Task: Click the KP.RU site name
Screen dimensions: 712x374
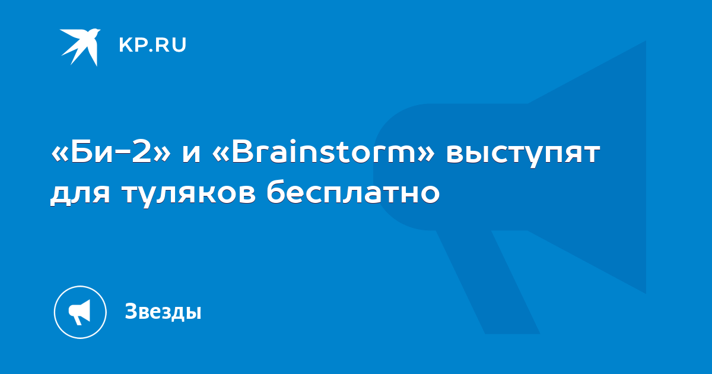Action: pos(152,45)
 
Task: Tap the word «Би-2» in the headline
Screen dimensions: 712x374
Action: pos(110,152)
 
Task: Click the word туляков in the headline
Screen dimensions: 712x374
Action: pos(189,194)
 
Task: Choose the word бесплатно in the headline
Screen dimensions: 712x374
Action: pos(353,191)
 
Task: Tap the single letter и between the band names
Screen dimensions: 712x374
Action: pos(191,154)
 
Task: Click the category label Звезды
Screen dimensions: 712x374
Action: pos(163,311)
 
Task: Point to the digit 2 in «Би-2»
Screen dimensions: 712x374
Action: pos(141,151)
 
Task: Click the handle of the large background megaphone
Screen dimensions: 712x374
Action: pos(488,281)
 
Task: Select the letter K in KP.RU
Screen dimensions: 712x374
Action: pos(125,45)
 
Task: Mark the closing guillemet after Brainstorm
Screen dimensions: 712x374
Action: pos(425,154)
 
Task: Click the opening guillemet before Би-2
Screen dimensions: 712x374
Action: pos(60,154)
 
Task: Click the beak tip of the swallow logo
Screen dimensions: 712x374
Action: pos(100,30)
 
